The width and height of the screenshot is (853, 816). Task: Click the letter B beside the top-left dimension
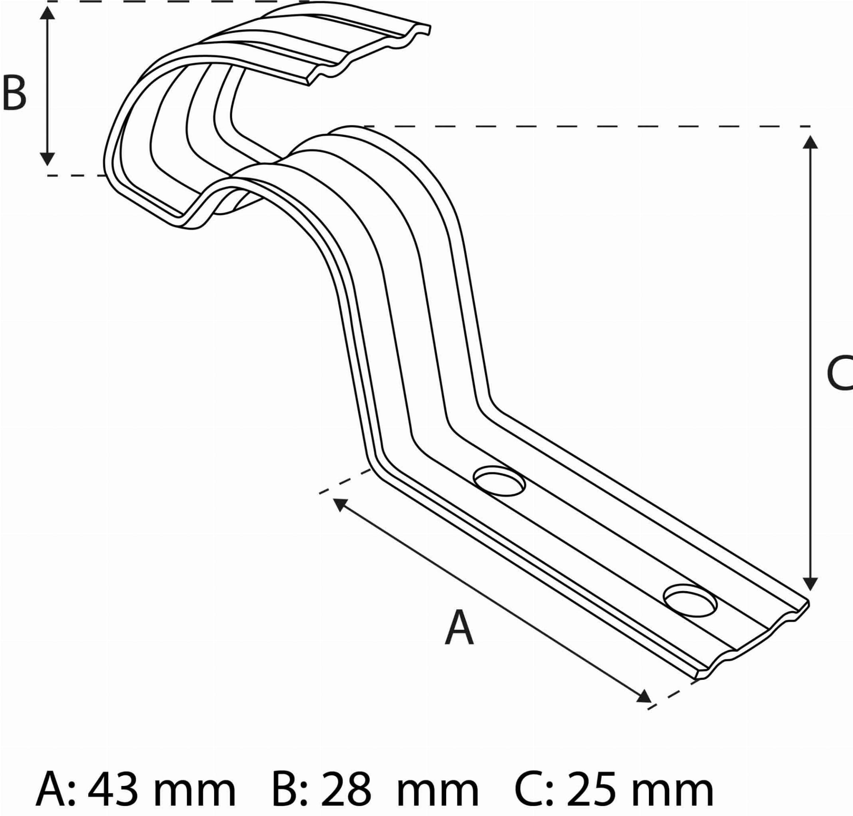click(14, 92)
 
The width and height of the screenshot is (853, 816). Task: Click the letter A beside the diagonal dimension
click(459, 628)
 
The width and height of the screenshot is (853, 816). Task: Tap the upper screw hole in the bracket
click(499, 481)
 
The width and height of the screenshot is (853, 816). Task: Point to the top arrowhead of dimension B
click(47, 13)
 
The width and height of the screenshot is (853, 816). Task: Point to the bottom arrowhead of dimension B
click(47, 159)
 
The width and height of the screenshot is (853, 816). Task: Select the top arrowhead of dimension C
click(810, 142)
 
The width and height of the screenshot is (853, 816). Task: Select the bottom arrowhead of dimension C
click(810, 584)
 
